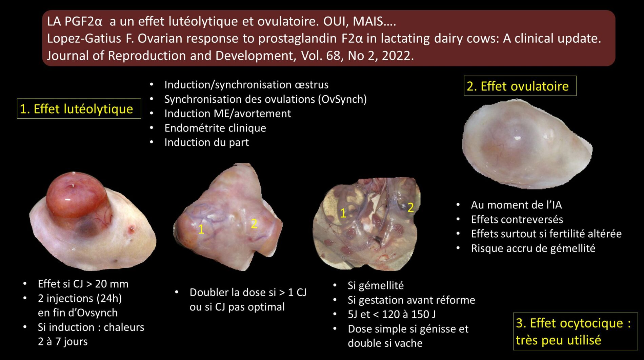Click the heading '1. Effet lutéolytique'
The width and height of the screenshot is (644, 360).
[77, 109]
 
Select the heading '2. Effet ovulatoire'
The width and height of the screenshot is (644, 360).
[518, 86]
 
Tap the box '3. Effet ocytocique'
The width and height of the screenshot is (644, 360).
[574, 331]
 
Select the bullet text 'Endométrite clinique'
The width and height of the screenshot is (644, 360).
[215, 128]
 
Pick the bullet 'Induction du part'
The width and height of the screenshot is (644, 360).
[206, 142]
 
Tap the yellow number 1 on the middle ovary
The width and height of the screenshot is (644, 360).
[201, 229]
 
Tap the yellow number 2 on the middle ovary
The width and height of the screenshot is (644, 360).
[254, 223]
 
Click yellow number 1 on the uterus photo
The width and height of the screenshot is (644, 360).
[343, 213]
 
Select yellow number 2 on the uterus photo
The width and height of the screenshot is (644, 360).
[410, 207]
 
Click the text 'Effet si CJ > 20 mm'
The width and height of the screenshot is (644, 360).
[83, 284]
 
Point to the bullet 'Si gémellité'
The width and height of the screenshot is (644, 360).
[376, 285]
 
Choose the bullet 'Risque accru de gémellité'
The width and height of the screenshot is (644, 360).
[533, 248]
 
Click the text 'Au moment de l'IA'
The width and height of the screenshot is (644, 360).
[516, 205]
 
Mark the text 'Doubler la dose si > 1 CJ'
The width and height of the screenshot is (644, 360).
[248, 292]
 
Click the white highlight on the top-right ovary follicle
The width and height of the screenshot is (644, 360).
[518, 138]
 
